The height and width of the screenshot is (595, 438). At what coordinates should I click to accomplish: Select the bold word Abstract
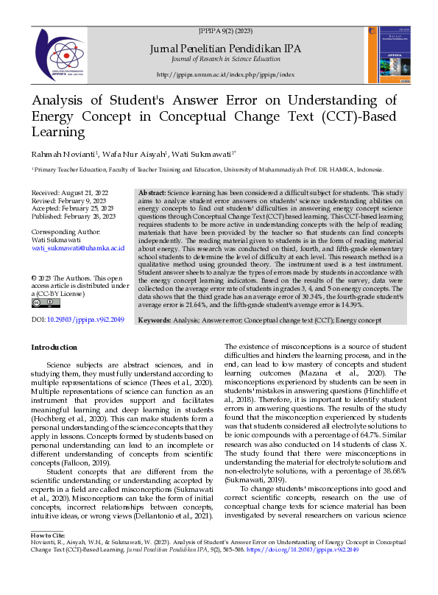click(x=152, y=191)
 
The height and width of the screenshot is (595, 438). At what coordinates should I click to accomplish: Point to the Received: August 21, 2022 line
click(x=71, y=191)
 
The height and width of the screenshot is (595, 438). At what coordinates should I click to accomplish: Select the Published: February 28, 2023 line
click(x=74, y=217)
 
